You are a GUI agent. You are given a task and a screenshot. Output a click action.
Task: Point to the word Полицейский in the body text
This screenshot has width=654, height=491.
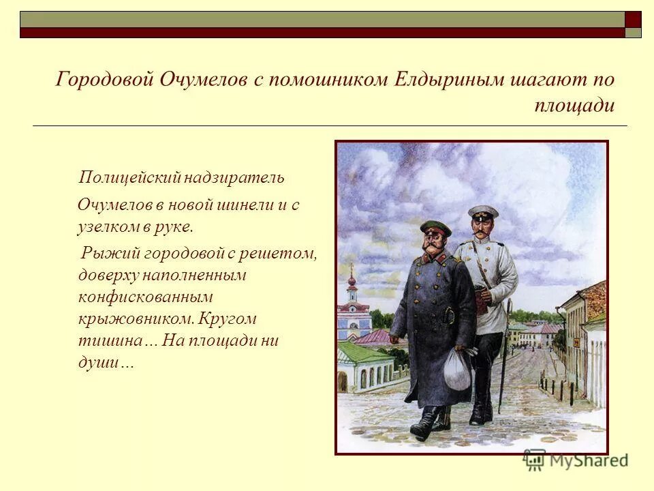coord(129,179)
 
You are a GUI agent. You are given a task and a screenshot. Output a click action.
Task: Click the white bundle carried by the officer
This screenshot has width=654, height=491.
coord(457,372)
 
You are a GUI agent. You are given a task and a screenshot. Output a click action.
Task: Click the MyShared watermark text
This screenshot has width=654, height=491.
coord(586,460)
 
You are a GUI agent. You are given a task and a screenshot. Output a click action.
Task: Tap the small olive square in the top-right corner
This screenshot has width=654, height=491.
coord(634,33)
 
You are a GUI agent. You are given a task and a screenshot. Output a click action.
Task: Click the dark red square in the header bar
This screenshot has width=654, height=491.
coord(634,18)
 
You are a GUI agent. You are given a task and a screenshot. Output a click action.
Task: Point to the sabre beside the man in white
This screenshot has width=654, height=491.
coord(504,355)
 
